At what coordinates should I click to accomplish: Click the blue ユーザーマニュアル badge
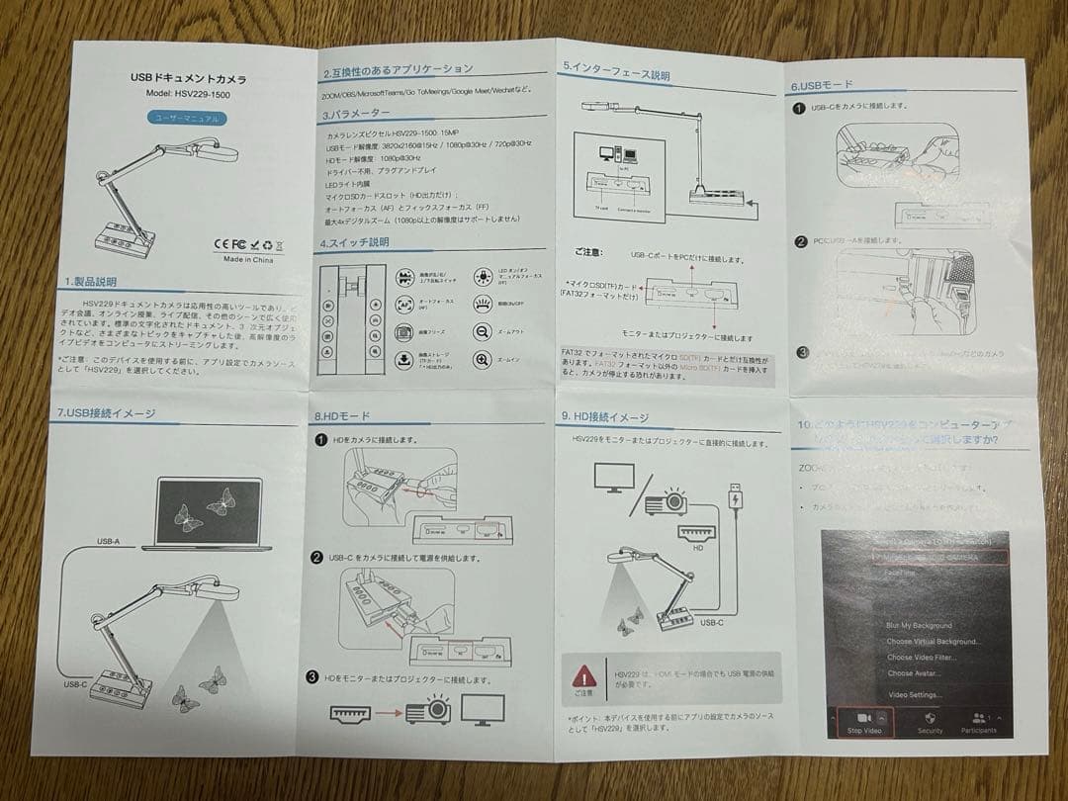(188, 118)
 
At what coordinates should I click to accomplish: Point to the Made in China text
(249, 260)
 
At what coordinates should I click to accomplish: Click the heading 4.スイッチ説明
(355, 242)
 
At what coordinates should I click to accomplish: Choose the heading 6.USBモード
(821, 85)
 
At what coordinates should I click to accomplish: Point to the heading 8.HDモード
(342, 416)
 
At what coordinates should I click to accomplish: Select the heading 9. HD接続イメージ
(604, 417)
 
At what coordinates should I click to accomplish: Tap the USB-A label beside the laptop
(109, 542)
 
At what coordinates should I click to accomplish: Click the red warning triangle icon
(585, 676)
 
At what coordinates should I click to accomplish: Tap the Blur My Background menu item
(919, 625)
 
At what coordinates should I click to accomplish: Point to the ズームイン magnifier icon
(483, 360)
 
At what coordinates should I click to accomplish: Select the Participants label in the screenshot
(976, 730)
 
